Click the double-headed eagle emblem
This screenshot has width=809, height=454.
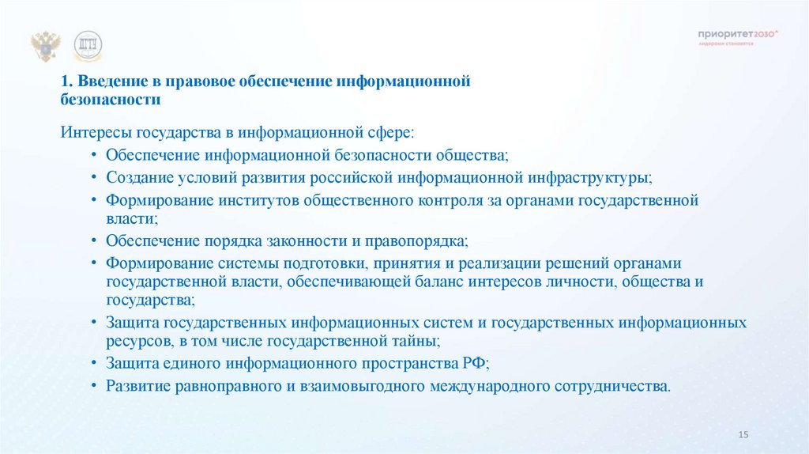click(x=46, y=47)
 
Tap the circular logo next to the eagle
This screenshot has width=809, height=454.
click(x=88, y=47)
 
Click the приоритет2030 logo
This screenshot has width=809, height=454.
click(x=738, y=35)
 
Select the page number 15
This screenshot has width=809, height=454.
click(x=742, y=436)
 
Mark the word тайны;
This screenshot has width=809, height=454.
click(x=412, y=342)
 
